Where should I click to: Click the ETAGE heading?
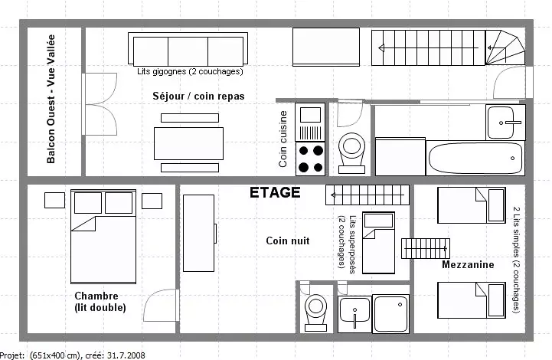pos(275,193)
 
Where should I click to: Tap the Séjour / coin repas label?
pos(198,97)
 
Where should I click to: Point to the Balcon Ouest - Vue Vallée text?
pos(51,99)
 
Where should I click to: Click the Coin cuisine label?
pos(283,139)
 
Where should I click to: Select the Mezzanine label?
pos(468,264)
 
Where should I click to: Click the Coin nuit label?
pos(288,241)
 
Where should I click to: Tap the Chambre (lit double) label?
pos(100,302)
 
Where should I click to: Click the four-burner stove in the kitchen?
pos(310,158)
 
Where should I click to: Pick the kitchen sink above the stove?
pos(310,122)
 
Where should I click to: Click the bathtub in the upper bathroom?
pos(475,158)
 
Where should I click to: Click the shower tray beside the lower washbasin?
pos(390,313)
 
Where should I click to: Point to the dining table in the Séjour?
pos(188,143)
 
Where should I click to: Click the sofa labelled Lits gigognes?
pos(188,49)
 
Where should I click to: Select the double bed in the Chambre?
pos(103,237)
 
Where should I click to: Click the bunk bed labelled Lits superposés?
pos(378,243)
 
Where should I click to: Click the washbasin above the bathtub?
pos(505,123)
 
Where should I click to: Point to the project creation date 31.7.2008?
pos(126,355)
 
